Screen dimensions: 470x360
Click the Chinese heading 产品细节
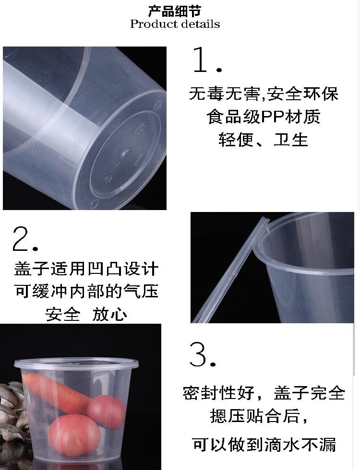(175, 11)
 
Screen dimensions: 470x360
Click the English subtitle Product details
(175, 24)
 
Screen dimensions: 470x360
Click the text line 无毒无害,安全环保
(263, 94)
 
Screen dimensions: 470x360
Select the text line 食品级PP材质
(263, 117)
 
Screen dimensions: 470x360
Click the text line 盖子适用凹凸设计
(86, 269)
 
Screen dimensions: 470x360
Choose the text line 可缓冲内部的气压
(86, 292)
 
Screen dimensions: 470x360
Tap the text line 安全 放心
(86, 315)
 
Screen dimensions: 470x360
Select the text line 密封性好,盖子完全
(264, 394)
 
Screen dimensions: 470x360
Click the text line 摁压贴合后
(259, 416)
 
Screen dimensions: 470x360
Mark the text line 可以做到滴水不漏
(264, 445)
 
